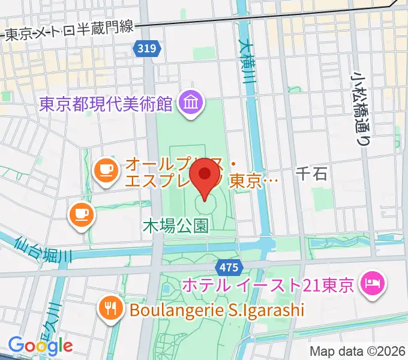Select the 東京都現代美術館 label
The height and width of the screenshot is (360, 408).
[106, 105]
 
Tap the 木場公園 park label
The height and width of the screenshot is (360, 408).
[175, 226]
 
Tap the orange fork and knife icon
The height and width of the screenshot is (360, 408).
[110, 309]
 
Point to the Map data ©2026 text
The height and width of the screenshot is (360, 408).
[358, 351]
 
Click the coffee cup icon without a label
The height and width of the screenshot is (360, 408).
[80, 213]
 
